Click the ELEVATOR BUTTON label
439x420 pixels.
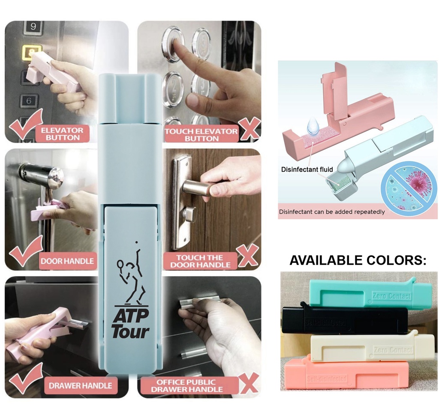point(63,134)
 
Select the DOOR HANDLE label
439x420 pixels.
point(67,261)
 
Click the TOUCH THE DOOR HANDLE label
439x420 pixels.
point(200,261)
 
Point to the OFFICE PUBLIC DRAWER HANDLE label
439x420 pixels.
point(187,385)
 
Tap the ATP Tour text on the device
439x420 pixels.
point(130,323)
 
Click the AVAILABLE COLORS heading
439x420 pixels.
point(358,260)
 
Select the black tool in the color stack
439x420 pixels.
point(345,320)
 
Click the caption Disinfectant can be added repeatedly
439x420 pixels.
point(332,211)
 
